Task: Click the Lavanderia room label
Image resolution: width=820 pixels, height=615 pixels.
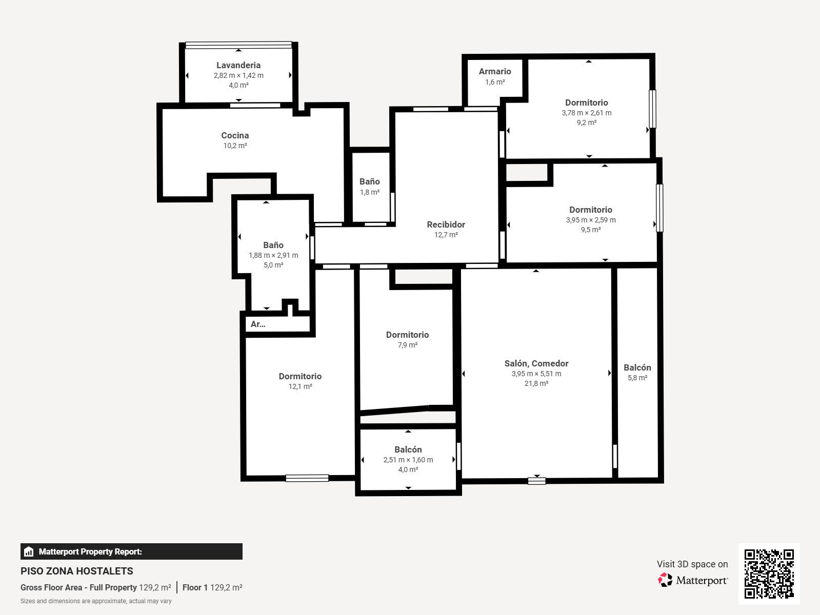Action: pyautogui.click(x=238, y=65)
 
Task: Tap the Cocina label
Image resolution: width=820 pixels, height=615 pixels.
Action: pyautogui.click(x=235, y=135)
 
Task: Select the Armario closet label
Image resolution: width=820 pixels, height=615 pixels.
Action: pyautogui.click(x=495, y=71)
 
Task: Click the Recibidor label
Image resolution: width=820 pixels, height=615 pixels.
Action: pyautogui.click(x=446, y=224)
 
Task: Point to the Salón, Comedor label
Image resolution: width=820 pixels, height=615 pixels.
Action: pyautogui.click(x=536, y=363)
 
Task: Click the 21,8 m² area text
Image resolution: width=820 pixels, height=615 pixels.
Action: pyautogui.click(x=536, y=384)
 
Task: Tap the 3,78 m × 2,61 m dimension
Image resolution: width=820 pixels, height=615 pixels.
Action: pyautogui.click(x=587, y=113)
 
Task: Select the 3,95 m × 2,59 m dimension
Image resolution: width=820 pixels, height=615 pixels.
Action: pyautogui.click(x=591, y=220)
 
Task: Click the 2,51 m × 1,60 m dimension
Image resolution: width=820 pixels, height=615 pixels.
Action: pyautogui.click(x=408, y=460)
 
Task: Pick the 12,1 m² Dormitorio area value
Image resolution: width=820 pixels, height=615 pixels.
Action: pyautogui.click(x=300, y=386)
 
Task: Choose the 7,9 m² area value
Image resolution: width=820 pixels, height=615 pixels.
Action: pyautogui.click(x=408, y=345)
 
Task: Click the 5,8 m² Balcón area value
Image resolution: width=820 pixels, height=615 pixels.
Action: pyautogui.click(x=637, y=378)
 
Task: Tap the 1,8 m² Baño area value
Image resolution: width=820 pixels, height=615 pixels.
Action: pyautogui.click(x=370, y=193)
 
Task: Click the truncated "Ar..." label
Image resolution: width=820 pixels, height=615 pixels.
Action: pyautogui.click(x=258, y=324)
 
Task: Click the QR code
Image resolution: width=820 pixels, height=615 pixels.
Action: pyautogui.click(x=769, y=574)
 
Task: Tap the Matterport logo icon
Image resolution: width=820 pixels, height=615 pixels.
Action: pyautogui.click(x=665, y=580)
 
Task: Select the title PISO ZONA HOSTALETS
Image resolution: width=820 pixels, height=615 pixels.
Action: pyautogui.click(x=76, y=571)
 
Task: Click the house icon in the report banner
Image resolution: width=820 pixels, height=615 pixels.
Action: pyautogui.click(x=28, y=551)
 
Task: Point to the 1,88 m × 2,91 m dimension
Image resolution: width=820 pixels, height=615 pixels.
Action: pyautogui.click(x=273, y=255)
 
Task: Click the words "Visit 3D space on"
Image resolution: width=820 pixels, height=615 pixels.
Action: pyautogui.click(x=692, y=564)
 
